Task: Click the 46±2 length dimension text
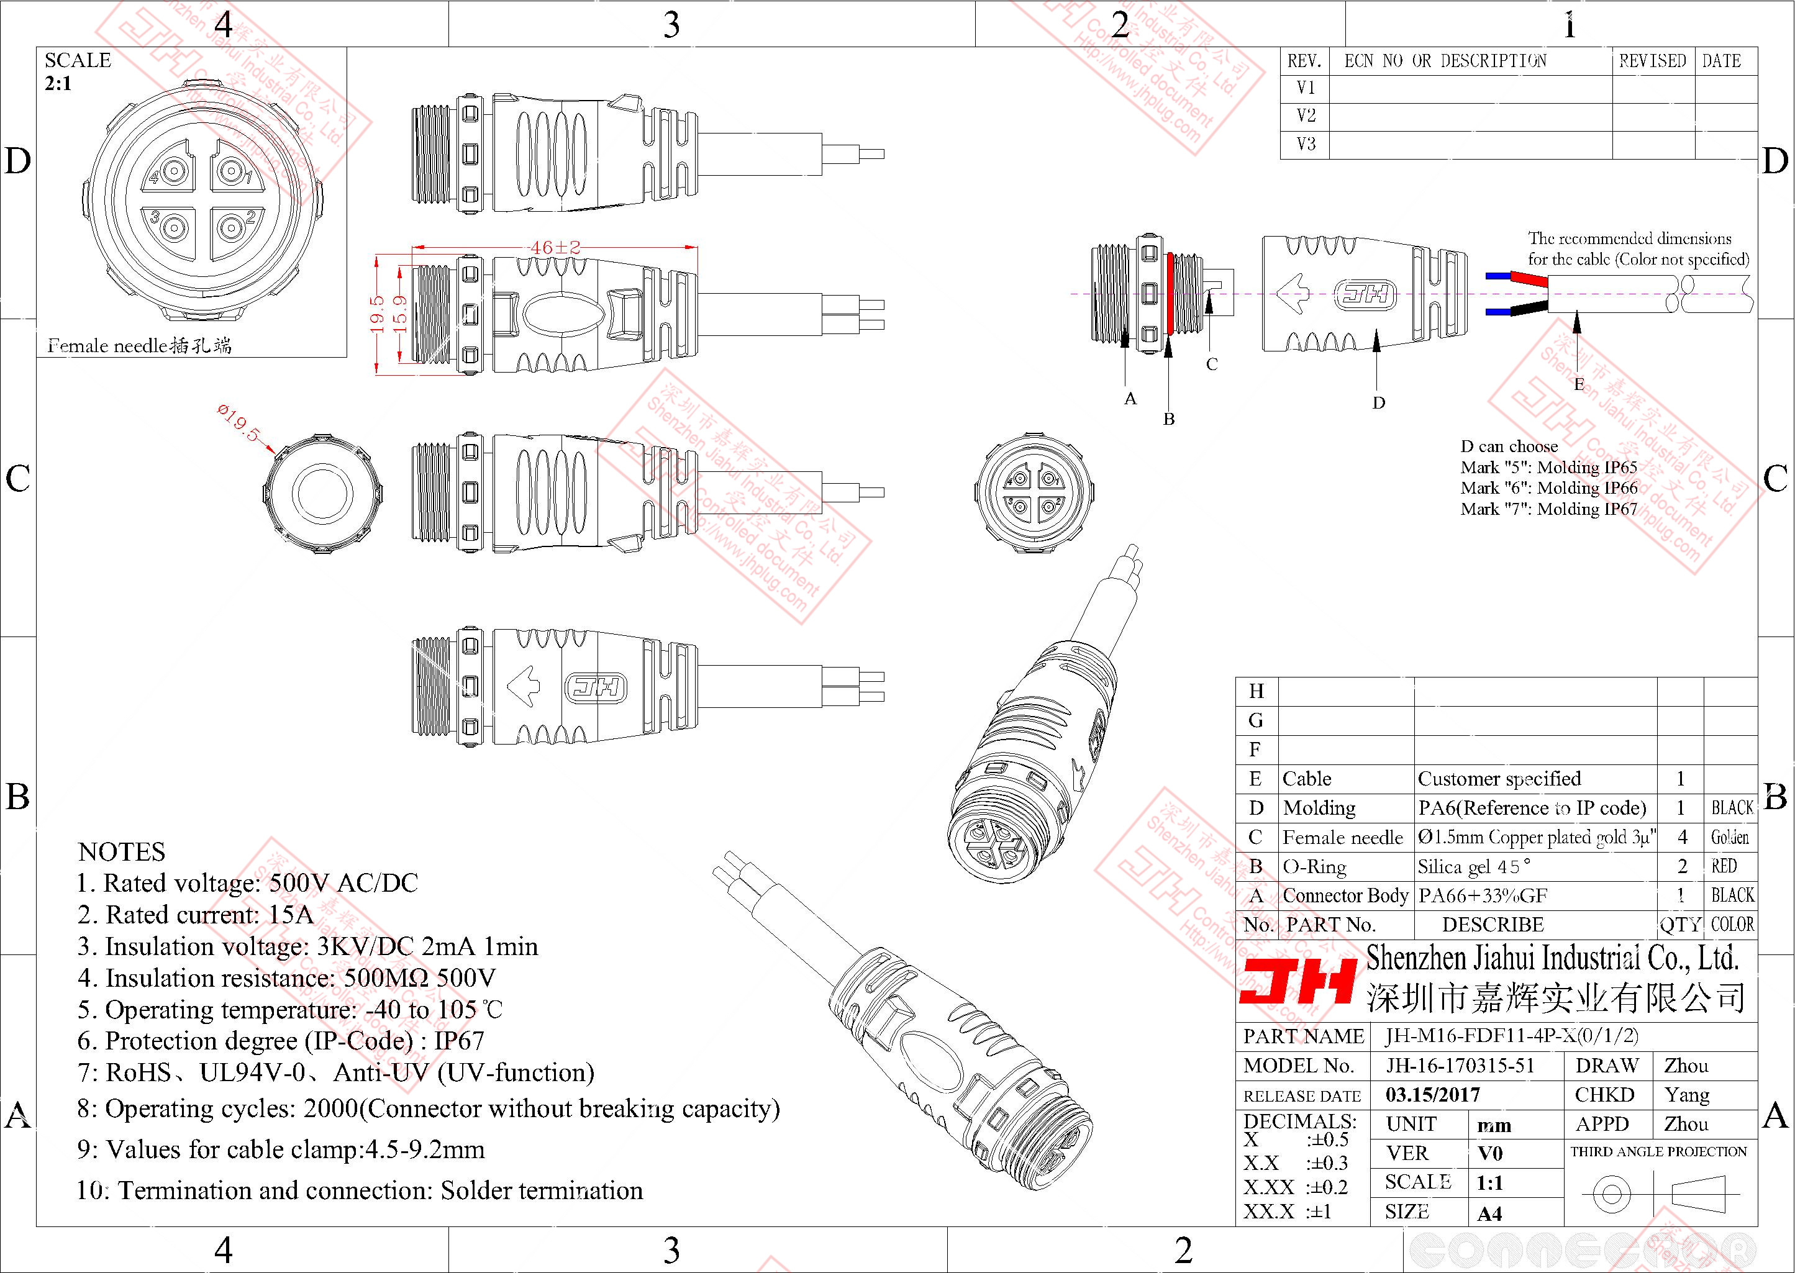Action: click(555, 247)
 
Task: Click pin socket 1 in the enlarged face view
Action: click(230, 170)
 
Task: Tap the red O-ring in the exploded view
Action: click(1169, 294)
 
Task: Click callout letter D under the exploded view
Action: click(1379, 403)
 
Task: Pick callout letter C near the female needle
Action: click(1212, 365)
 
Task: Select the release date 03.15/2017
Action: click(1433, 1094)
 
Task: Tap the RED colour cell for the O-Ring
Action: click(1724, 866)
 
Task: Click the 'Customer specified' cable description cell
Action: click(1499, 778)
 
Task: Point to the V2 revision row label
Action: click(1306, 116)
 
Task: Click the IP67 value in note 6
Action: click(460, 1040)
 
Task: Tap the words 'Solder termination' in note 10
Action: click(541, 1190)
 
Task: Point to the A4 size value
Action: click(1489, 1213)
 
